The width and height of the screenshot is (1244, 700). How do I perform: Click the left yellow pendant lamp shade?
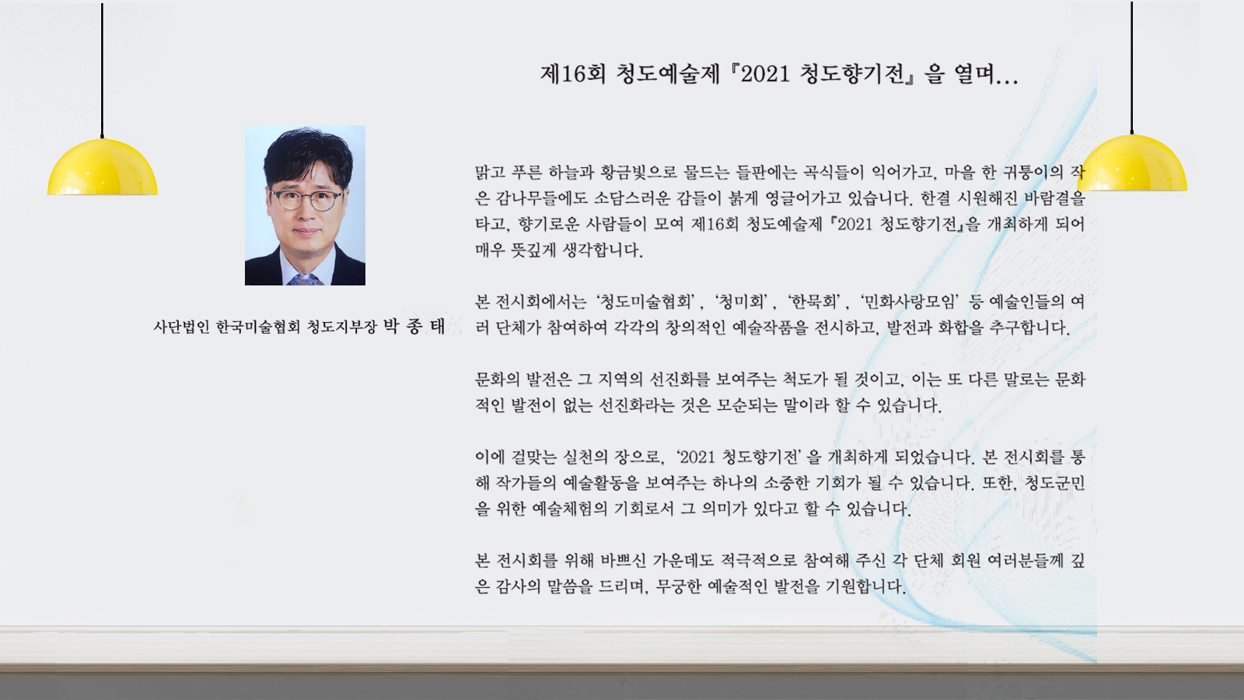(102, 166)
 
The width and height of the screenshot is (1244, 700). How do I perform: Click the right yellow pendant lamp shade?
(1132, 163)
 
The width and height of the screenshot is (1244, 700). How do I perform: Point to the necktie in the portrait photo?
(304, 279)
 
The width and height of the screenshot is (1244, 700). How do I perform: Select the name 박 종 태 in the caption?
(414, 326)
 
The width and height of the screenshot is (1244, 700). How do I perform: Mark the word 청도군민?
(1054, 483)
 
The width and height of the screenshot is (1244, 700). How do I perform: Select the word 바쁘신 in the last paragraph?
(623, 561)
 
